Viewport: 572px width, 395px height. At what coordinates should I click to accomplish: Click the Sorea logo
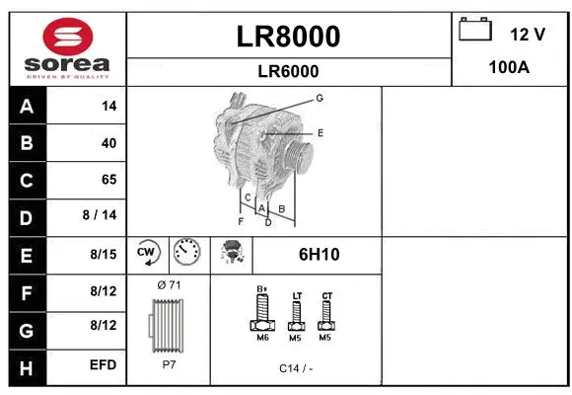(67, 48)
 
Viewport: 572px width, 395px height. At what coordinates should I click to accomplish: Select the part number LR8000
(289, 37)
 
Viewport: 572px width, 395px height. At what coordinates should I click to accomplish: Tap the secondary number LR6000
(288, 71)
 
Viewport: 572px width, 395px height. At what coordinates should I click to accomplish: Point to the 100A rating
(510, 67)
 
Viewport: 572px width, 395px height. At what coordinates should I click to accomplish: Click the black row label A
(27, 106)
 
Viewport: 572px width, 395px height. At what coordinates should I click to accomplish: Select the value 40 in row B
(108, 143)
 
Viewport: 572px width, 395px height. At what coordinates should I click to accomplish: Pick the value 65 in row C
(108, 180)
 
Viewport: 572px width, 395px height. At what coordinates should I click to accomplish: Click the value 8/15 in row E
(103, 254)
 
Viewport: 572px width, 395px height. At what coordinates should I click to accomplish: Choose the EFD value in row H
(103, 364)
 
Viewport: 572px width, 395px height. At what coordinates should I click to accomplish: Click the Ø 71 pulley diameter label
(169, 285)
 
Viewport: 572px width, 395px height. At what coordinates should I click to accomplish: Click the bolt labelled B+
(262, 312)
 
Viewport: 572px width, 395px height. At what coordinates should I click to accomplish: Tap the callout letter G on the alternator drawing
(320, 98)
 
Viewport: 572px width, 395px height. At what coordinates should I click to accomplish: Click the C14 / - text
(296, 367)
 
